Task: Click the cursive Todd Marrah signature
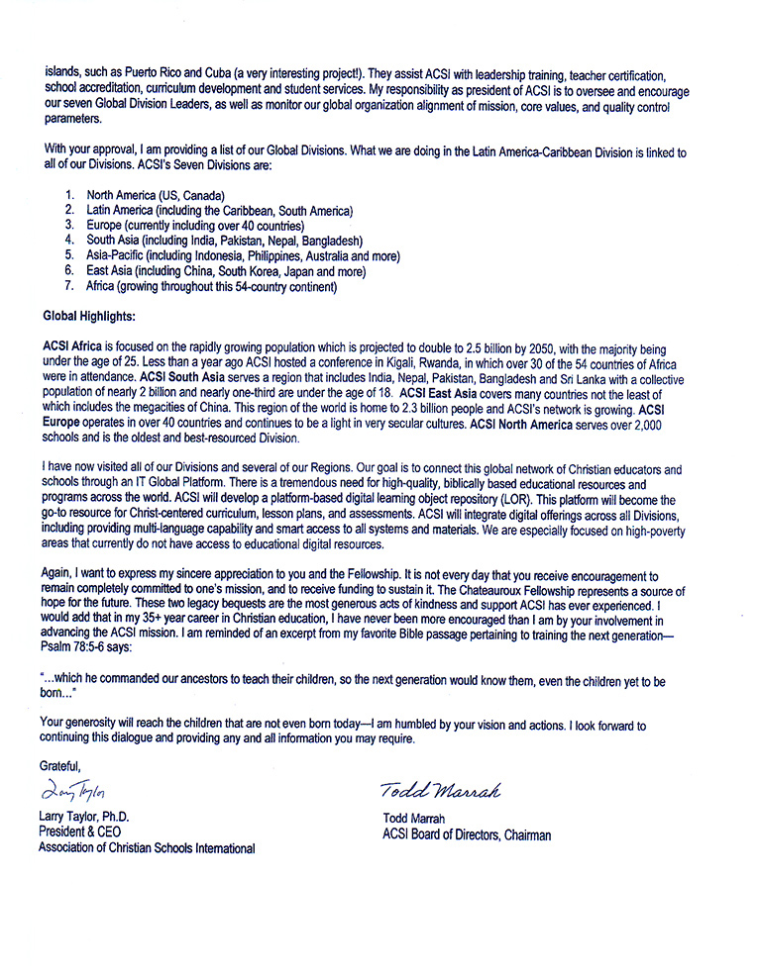coord(440,790)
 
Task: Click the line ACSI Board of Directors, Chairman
coord(467,834)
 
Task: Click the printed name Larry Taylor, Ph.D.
coord(84,817)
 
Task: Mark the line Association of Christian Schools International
coord(147,847)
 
